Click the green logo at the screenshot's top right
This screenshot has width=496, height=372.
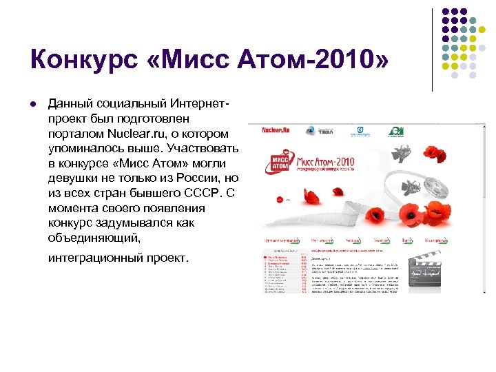pos(397,131)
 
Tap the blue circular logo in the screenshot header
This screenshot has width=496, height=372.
pos(360,131)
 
